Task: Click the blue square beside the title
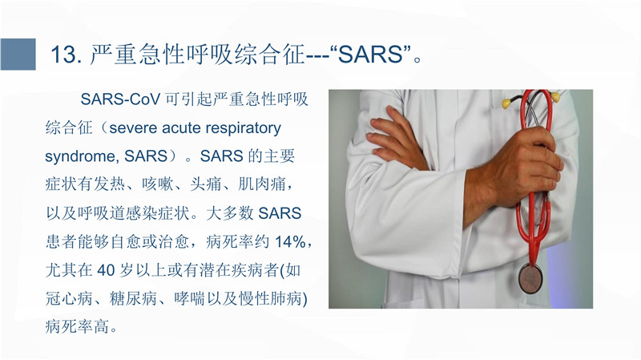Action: (x=18, y=54)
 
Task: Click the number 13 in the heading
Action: (x=64, y=55)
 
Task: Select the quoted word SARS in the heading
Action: (x=371, y=55)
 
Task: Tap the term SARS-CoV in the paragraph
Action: (x=121, y=99)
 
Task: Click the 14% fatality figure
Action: (x=290, y=242)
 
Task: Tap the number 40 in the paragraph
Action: (x=106, y=270)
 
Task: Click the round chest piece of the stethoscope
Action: (x=530, y=278)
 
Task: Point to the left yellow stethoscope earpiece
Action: (x=506, y=103)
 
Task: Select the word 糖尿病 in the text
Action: (x=133, y=298)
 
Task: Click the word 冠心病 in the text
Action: (x=69, y=298)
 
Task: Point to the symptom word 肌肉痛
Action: (x=262, y=184)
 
